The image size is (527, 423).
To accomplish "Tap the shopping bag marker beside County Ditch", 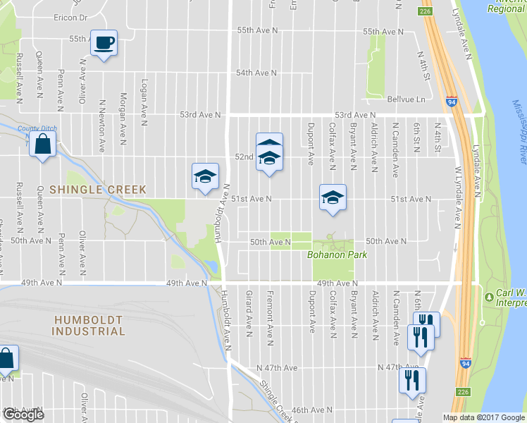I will pyautogui.click(x=43, y=145).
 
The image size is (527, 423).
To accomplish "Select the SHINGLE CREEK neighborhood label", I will pyautogui.click(x=98, y=190).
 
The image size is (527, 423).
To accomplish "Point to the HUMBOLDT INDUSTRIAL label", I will pyautogui.click(x=89, y=325).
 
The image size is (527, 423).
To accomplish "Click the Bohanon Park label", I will pyautogui.click(x=337, y=255).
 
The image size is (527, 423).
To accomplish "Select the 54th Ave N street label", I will pyautogui.click(x=257, y=73).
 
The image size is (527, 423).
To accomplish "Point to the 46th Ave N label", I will pyautogui.click(x=311, y=410).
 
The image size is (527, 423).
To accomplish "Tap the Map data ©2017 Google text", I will pyautogui.click(x=484, y=417).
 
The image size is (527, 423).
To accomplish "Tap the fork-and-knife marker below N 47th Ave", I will pyautogui.click(x=411, y=381).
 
